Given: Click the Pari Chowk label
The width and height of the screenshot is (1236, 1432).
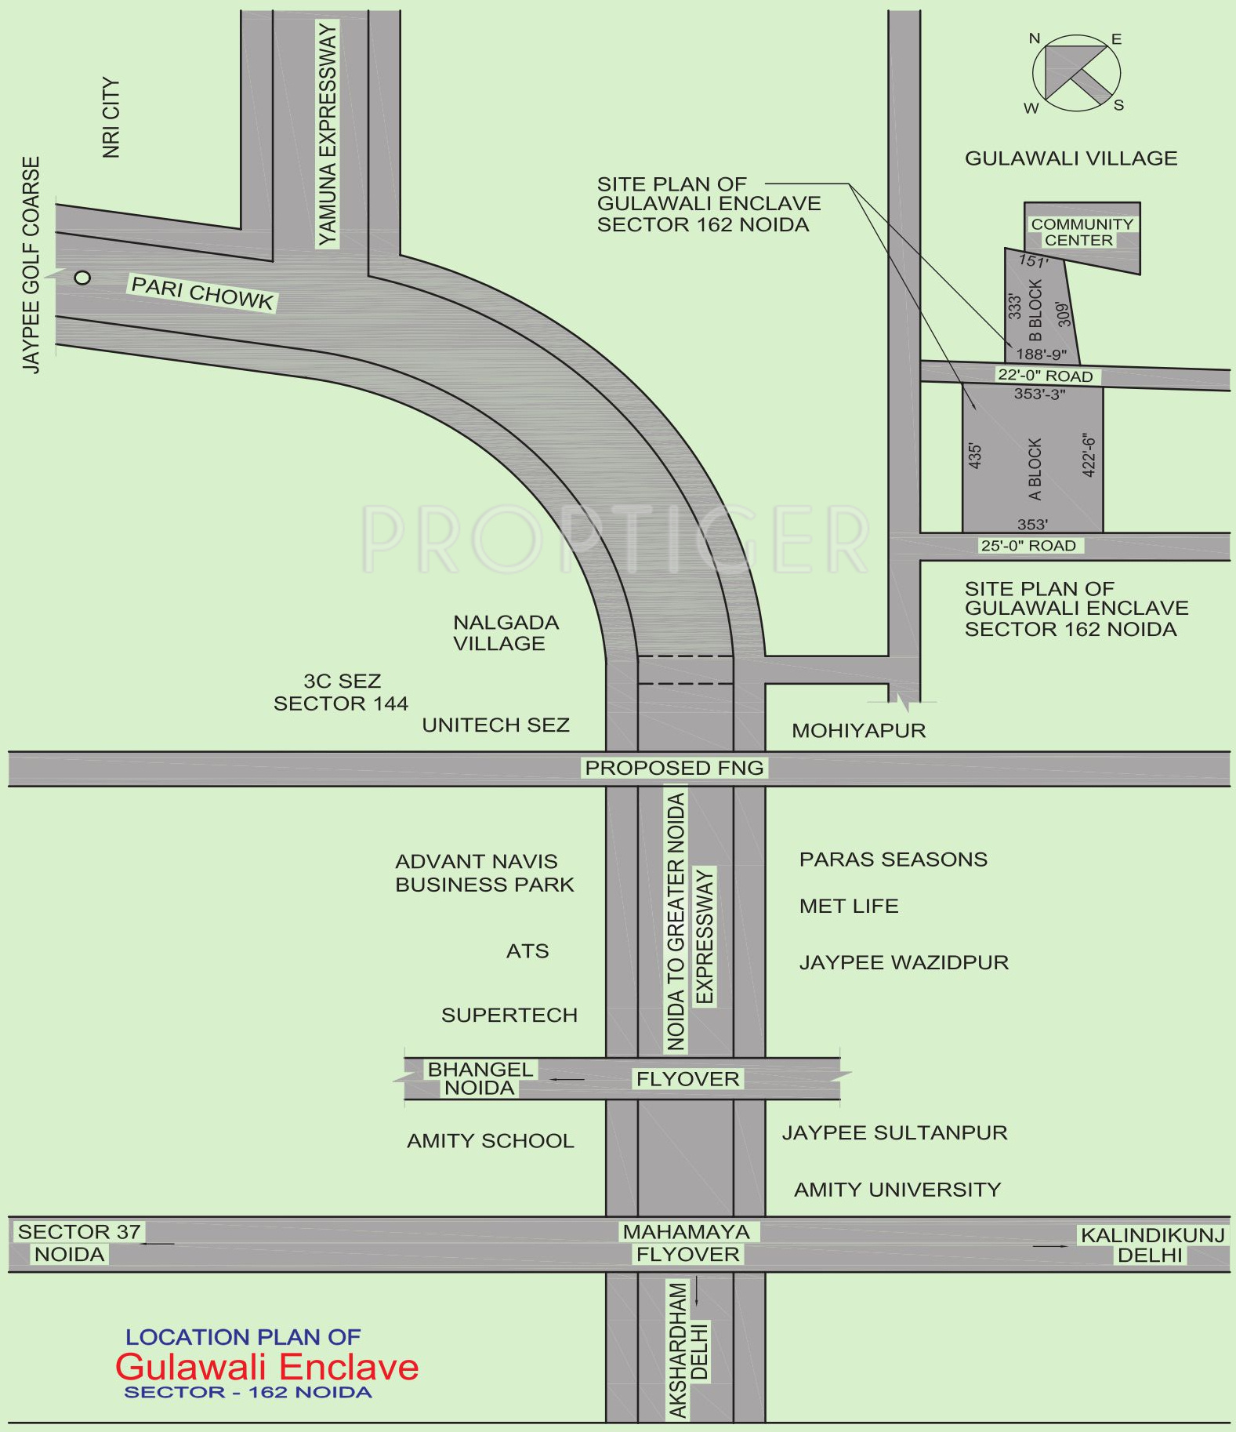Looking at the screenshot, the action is tap(202, 293).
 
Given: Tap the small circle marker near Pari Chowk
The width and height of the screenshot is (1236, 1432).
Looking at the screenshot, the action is tap(82, 277).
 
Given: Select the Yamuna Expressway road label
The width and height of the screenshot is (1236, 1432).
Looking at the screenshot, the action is tap(327, 133).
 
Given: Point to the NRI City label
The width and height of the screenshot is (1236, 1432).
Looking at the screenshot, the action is tap(111, 118).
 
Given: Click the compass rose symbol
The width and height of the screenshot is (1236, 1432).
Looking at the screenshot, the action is tap(1076, 73).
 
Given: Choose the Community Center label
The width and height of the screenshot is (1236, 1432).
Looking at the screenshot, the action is tap(1082, 232).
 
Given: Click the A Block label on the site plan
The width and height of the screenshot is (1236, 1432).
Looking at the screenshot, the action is tap(1035, 469).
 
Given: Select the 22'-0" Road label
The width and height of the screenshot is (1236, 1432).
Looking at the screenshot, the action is tap(1046, 376).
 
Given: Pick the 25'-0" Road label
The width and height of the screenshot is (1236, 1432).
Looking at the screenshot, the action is tap(1028, 545).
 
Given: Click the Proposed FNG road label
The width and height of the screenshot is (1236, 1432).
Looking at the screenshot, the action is tap(674, 768).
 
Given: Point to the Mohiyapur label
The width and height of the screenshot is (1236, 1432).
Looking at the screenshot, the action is tap(859, 731).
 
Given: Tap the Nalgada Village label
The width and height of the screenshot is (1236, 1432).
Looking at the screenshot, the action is tap(506, 633).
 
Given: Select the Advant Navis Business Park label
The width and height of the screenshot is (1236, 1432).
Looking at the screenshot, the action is tap(484, 873).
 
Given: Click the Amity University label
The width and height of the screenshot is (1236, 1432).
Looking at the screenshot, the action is tap(897, 1190).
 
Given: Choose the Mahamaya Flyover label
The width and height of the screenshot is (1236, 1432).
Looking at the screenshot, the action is tap(687, 1243).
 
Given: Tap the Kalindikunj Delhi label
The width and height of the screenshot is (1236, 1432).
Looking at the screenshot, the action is tap(1152, 1245).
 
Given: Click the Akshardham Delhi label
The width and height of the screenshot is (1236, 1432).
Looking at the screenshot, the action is tap(687, 1350).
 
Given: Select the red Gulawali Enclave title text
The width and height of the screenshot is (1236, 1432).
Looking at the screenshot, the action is tap(267, 1367).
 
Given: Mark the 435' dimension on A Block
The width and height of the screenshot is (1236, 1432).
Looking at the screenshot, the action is tap(975, 456).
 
